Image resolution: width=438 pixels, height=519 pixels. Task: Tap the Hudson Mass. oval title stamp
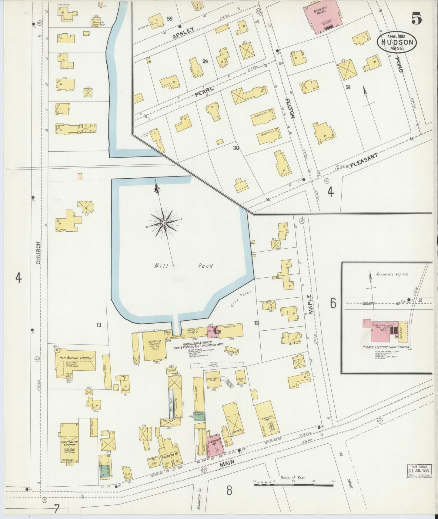397,42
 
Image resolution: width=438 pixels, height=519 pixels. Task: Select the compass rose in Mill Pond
164,223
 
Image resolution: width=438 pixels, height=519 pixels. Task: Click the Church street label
38,253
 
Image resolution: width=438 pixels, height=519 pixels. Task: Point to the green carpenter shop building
199,416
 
